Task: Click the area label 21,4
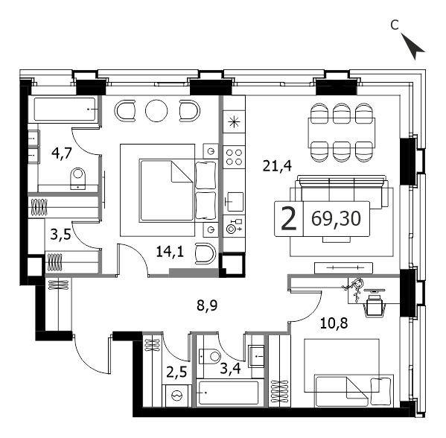[x=277, y=166]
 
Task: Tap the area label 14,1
[x=170, y=252]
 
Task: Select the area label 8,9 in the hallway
[x=207, y=305]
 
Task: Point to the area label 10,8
[x=334, y=323]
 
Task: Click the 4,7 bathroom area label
[x=62, y=153]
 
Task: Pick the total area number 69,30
[x=336, y=218]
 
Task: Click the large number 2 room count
[x=289, y=218]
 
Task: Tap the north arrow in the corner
[x=412, y=46]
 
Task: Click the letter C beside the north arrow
[x=395, y=25]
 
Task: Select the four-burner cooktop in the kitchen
[x=234, y=157]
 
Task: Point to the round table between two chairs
[x=156, y=111]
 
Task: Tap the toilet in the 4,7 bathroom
[x=77, y=179]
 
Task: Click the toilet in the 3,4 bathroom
[x=210, y=356]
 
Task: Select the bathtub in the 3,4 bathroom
[x=229, y=393]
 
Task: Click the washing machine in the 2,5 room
[x=176, y=396]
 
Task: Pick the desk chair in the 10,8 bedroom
[x=374, y=305]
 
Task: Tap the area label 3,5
[x=60, y=235]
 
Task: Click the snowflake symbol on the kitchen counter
[x=234, y=122]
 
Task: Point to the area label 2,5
[x=176, y=372]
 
